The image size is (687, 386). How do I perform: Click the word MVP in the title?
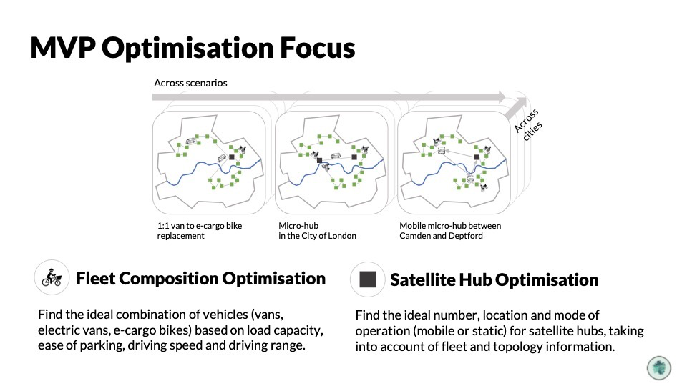63,48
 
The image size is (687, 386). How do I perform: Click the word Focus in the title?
317,48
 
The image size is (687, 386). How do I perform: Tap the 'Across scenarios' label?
190,83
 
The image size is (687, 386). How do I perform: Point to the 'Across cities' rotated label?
528,124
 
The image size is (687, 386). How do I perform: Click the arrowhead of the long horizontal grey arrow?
502,96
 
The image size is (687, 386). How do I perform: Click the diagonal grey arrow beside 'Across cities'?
515,109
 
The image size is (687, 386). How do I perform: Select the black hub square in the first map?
232,157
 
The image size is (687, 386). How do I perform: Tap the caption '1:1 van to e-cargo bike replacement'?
200,231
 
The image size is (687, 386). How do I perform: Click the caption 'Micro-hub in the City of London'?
317,231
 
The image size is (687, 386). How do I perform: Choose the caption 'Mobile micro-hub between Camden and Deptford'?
450,231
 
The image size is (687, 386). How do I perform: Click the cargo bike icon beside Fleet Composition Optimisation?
52,277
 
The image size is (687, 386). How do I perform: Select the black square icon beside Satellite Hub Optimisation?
368,279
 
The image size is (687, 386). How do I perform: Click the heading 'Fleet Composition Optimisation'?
200,278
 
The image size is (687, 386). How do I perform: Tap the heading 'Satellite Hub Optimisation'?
494,280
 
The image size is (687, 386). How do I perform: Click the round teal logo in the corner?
659,367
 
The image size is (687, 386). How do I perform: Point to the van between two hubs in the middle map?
336,156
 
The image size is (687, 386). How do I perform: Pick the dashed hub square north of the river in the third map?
442,151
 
